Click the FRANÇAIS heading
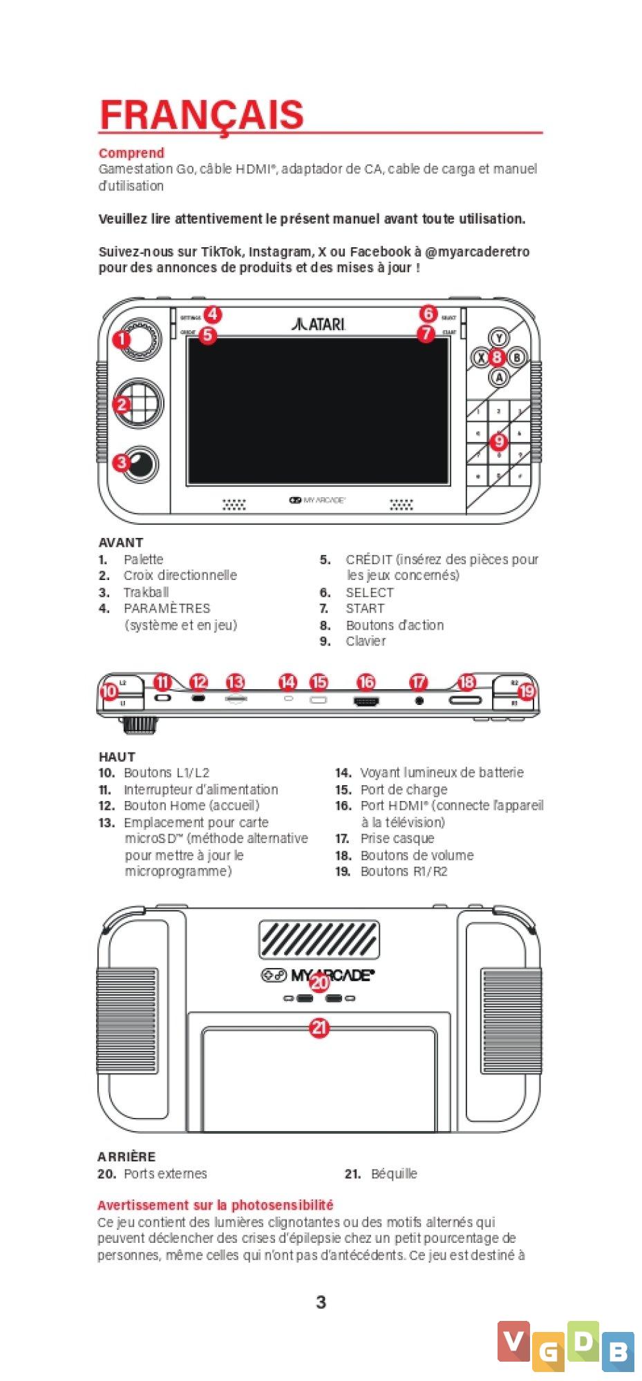(201, 115)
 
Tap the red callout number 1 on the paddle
(122, 339)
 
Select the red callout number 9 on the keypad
(499, 441)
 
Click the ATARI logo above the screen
(319, 323)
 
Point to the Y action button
(499, 337)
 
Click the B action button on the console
(517, 357)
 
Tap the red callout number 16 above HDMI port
(366, 682)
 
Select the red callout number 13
(236, 682)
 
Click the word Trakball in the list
(146, 592)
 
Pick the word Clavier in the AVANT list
(366, 641)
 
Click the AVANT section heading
(121, 543)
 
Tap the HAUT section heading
(117, 757)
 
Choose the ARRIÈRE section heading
(126, 1157)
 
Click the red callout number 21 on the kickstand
(319, 1028)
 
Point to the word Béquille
(394, 1174)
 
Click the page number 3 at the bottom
(321, 1302)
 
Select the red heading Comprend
(131, 153)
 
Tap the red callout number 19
(527, 690)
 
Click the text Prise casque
(397, 838)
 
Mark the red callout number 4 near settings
(212, 315)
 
